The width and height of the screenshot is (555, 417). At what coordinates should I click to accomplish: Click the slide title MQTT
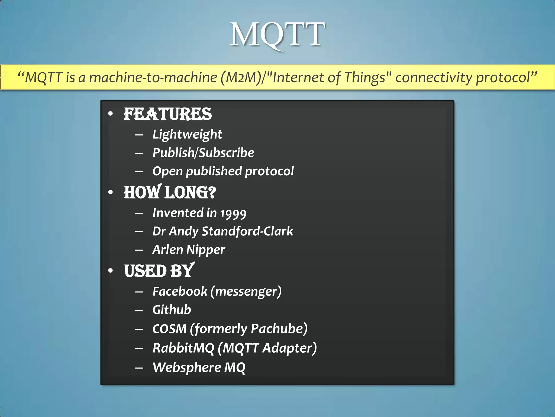277,35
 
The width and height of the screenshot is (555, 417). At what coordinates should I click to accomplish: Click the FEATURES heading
167,114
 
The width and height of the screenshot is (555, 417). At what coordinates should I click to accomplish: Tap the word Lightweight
187,134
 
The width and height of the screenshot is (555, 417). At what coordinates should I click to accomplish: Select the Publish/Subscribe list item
203,153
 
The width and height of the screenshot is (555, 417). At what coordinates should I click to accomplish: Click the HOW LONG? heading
170,192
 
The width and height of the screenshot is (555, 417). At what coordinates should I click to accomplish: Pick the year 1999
233,213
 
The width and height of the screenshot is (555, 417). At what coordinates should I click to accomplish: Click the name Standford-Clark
247,231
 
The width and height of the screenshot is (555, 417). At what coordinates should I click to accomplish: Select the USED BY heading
159,271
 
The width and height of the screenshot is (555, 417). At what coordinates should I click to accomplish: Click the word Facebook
180,292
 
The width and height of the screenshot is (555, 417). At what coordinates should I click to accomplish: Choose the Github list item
172,310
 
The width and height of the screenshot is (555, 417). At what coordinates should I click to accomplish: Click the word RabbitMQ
183,348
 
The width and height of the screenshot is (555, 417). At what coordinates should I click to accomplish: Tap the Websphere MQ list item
199,368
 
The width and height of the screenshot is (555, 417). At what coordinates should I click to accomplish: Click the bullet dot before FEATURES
110,114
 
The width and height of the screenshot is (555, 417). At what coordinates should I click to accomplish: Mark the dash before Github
139,310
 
